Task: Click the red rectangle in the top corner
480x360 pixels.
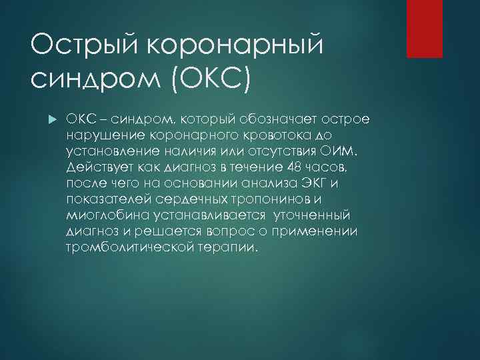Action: coord(434,28)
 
